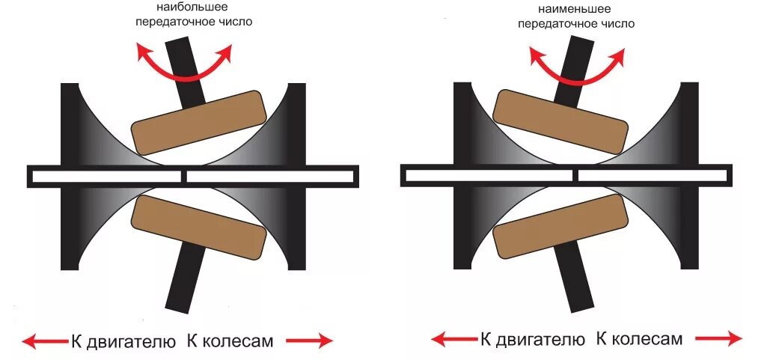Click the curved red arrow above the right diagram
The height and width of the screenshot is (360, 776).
coord(577,71)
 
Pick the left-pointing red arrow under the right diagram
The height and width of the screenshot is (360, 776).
coord(453,340)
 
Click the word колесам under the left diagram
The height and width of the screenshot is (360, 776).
coord(239,342)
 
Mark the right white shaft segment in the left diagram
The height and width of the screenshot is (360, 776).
coord(269,177)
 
